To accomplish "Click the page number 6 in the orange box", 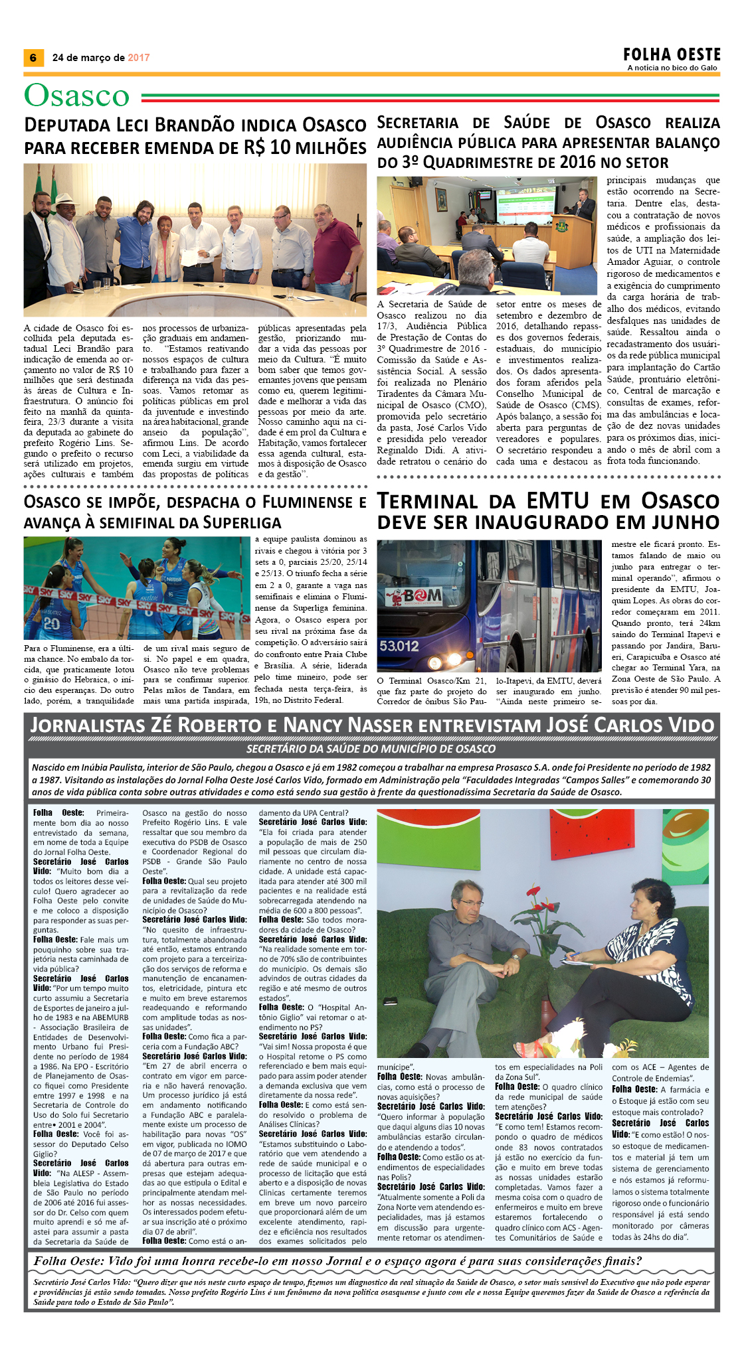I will tap(33, 58).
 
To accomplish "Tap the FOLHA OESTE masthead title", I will tap(672, 54).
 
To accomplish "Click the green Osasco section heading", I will tap(76, 96).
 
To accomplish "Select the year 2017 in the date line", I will tap(139, 58).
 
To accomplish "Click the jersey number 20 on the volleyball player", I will tap(51, 623).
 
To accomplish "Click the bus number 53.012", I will tap(399, 645).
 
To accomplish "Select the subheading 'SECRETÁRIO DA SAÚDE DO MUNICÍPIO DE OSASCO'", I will tap(371, 749).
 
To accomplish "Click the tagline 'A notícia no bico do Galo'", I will tap(672, 68).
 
